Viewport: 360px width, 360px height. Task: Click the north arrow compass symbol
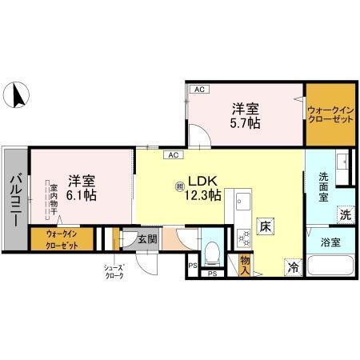14,98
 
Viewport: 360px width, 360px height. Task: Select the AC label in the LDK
173,154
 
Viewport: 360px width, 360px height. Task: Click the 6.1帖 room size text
82,187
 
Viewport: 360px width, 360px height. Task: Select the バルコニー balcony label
14,196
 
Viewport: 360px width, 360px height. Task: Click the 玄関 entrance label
145,238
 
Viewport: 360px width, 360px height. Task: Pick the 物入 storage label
245,262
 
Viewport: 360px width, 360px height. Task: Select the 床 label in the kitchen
263,226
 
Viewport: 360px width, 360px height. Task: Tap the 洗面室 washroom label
324,188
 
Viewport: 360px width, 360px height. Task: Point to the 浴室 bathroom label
330,240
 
